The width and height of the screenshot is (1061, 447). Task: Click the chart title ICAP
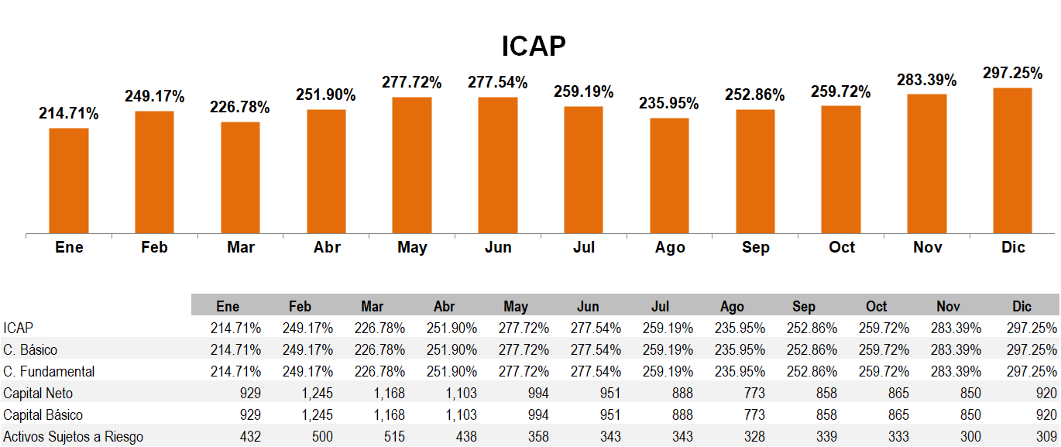[534, 46]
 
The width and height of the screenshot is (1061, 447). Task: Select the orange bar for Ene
[69, 180]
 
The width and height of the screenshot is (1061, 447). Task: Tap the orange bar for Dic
[1012, 160]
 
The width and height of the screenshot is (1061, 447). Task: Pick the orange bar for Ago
[669, 175]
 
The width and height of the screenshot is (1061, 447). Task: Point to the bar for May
[412, 164]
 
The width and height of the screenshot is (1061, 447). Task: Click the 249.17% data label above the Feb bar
[155, 97]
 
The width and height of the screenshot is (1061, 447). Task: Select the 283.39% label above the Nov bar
[926, 80]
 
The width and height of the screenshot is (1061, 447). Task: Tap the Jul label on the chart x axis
[584, 247]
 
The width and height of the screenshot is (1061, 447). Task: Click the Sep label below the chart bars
[755, 247]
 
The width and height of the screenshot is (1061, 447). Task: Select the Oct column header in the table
[877, 306]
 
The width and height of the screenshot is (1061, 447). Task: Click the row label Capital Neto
[38, 394]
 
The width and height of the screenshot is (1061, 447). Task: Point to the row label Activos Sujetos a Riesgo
[73, 437]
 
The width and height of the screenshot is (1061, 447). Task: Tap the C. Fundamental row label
[49, 372]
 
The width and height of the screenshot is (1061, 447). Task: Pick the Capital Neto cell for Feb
[317, 394]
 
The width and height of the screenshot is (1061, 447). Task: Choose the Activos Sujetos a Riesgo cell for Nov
[968, 437]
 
